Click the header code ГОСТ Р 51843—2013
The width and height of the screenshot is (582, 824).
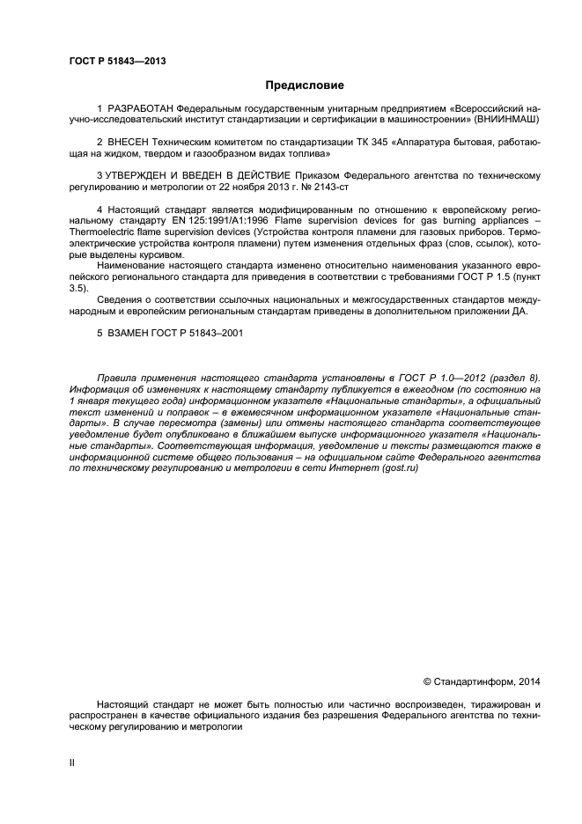(117, 61)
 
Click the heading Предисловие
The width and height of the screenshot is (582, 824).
(305, 85)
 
